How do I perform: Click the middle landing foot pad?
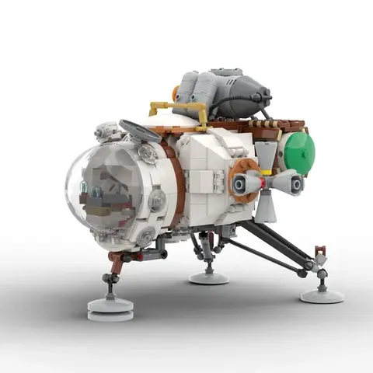(x=208, y=277)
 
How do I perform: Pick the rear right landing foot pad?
(x=322, y=295)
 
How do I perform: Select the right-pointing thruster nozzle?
(x=293, y=183)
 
